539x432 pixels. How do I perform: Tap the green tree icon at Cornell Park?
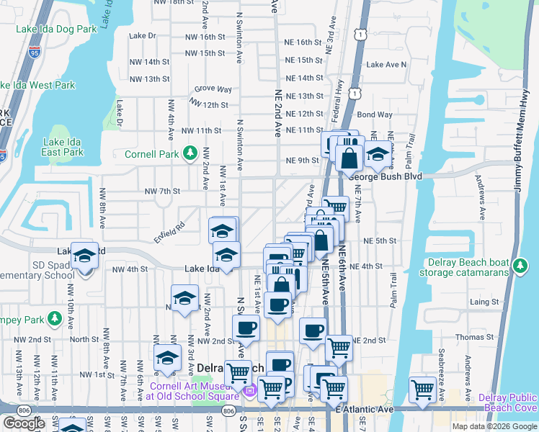pos(190,153)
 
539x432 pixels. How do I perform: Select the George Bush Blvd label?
pos(386,175)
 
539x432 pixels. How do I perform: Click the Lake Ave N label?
pos(386,64)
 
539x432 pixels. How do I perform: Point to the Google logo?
pos(24,423)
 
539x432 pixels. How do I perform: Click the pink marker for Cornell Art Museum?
pos(250,392)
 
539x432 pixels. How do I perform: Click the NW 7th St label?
pos(161,191)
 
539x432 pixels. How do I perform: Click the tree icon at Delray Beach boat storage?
pos(519,269)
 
